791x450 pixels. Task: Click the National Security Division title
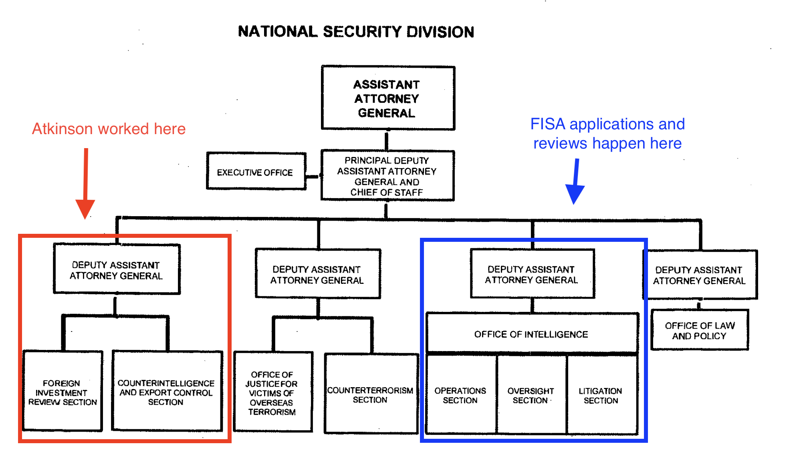pyautogui.click(x=356, y=32)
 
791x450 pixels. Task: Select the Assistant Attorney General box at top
pyautogui.click(x=387, y=98)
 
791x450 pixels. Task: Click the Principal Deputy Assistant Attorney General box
pyautogui.click(x=387, y=176)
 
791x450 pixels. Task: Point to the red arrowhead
pyautogui.click(x=85, y=209)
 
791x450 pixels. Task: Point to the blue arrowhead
pyautogui.click(x=575, y=194)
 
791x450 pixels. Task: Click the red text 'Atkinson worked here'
pyautogui.click(x=109, y=129)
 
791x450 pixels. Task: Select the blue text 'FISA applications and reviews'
pyautogui.click(x=607, y=134)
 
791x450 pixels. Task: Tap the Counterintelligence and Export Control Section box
pyautogui.click(x=166, y=392)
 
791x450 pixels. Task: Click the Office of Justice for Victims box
pyautogui.click(x=272, y=392)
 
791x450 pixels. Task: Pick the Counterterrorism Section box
pyautogui.click(x=371, y=394)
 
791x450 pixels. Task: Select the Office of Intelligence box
pyautogui.click(x=531, y=334)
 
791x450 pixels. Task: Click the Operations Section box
pyautogui.click(x=460, y=395)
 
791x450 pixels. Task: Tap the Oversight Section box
pyautogui.click(x=531, y=395)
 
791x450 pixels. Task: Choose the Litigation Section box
pyautogui.click(x=601, y=395)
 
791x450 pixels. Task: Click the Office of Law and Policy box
pyautogui.click(x=700, y=330)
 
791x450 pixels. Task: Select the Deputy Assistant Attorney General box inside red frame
pyautogui.click(x=116, y=269)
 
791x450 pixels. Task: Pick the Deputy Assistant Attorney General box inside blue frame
pyautogui.click(x=532, y=274)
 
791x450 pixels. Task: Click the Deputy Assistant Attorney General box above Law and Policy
pyautogui.click(x=700, y=275)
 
